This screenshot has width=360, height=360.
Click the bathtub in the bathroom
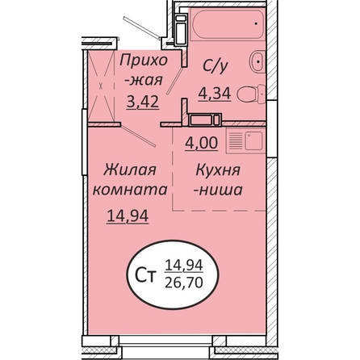point(227,24)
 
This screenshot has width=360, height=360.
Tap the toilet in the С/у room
point(251,94)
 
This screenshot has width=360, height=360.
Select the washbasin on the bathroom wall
point(257,61)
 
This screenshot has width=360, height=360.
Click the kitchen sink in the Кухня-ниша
point(253,140)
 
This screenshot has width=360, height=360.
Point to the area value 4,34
point(215,94)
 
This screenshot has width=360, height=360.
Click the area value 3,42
point(143,102)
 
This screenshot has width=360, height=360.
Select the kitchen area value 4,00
point(201,143)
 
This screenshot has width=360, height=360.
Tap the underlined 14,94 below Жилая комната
point(128,216)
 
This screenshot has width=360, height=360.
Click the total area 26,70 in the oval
point(184,283)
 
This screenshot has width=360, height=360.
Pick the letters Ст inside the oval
point(145,276)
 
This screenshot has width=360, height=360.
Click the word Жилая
point(130,170)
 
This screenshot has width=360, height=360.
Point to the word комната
point(130,190)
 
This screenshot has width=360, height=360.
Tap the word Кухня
point(218,170)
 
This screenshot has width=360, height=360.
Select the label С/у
point(216,66)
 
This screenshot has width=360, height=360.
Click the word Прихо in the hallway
point(144,61)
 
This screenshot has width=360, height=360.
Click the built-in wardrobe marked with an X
point(101,86)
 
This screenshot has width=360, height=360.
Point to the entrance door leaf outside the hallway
point(142,28)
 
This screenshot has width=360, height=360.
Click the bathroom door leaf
point(175,81)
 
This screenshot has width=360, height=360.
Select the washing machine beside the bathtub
point(181,30)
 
